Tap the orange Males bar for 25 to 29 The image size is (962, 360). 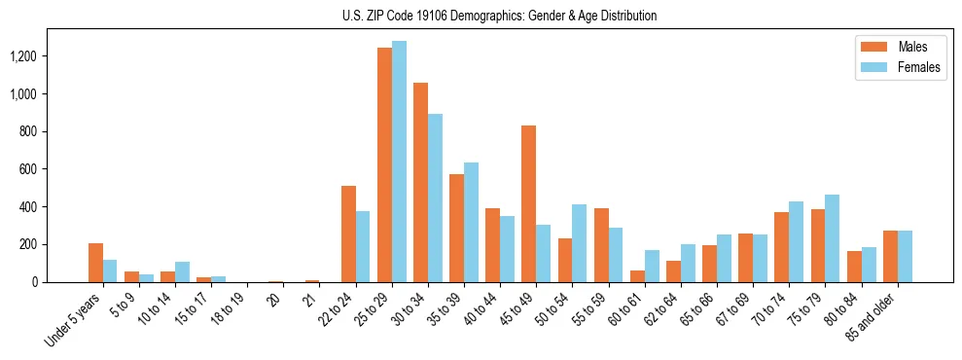click(x=384, y=165)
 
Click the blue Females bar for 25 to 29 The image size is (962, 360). click(x=399, y=162)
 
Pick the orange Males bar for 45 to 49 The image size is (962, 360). click(x=528, y=204)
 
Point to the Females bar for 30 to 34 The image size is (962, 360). click(x=435, y=198)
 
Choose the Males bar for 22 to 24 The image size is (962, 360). click(x=348, y=234)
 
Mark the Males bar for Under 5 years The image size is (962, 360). click(x=95, y=263)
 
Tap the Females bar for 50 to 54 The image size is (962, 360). click(x=579, y=243)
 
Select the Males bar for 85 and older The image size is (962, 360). click(x=890, y=256)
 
